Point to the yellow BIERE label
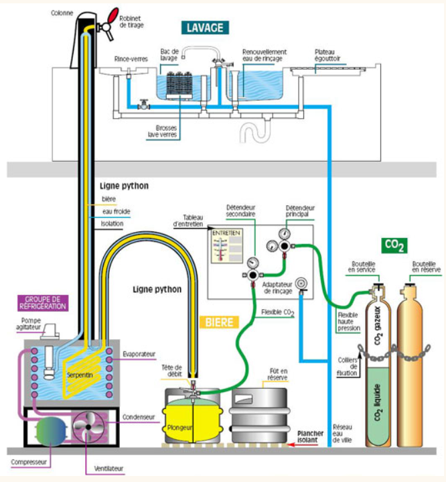pyautogui.click(x=219, y=322)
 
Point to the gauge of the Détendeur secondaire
pyautogui.click(x=252, y=262)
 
